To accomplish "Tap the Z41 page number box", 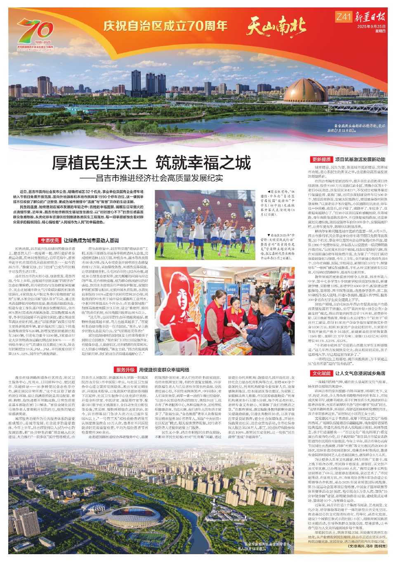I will coord(343,17).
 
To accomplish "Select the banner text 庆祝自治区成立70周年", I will coord(165,26).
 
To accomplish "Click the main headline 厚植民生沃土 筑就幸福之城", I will coord(151,163).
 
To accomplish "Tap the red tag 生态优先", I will coord(50,240).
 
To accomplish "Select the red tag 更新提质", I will coord(321,159).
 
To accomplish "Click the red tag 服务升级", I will coord(125,370).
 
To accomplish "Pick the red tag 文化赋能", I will coord(321,373).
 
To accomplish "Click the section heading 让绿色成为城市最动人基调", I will coord(91,240).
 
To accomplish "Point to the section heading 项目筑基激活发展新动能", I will coord(360,159).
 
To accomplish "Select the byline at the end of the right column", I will coord(368,546).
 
